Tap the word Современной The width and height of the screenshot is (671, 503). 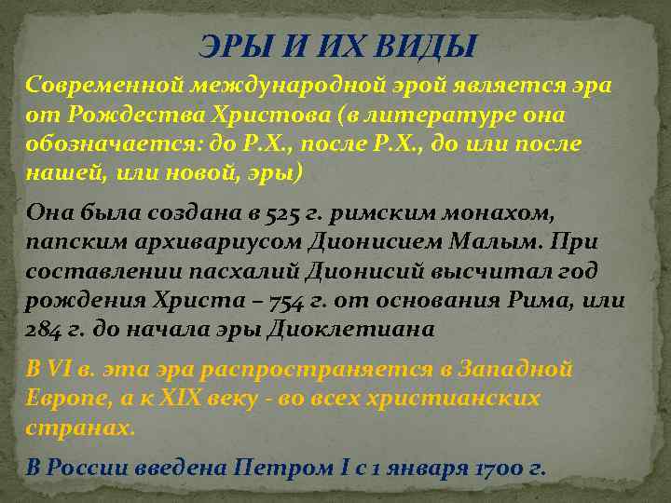click(x=104, y=86)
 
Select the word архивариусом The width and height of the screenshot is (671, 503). click(x=192, y=243)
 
